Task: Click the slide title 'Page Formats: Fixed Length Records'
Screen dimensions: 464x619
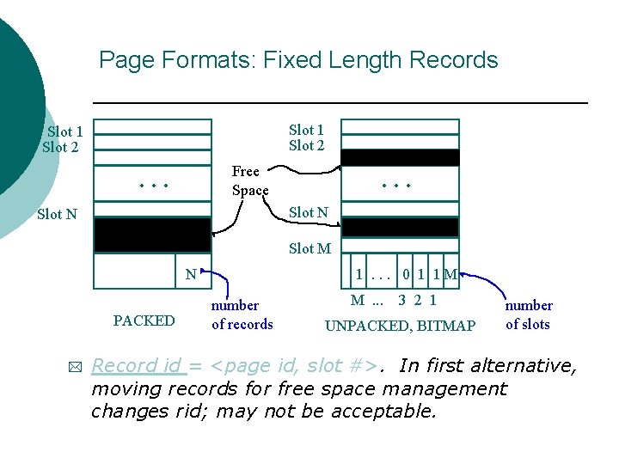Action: [x=298, y=60]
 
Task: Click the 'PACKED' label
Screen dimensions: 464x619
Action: [x=144, y=321]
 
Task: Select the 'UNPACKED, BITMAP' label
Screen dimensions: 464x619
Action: [x=399, y=326]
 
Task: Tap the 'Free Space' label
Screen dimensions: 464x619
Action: [x=249, y=180]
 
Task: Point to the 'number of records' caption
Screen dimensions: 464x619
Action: [x=242, y=314]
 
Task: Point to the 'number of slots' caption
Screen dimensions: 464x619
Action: [x=528, y=314]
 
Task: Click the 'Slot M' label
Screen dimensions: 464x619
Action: [x=309, y=248]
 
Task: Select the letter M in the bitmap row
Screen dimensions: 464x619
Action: [x=450, y=275]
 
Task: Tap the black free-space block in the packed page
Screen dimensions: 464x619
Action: [x=152, y=235]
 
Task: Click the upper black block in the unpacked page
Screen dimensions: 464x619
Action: [x=401, y=157]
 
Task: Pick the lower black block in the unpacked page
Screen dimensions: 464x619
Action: [x=401, y=227]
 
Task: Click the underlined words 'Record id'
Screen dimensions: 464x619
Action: [x=137, y=365]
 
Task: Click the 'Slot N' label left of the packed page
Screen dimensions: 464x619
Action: [x=58, y=214]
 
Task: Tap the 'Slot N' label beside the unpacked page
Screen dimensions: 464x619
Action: [x=308, y=212]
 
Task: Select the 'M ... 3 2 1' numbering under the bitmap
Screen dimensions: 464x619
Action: [x=393, y=301]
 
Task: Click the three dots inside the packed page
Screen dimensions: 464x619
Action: [x=153, y=184]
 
